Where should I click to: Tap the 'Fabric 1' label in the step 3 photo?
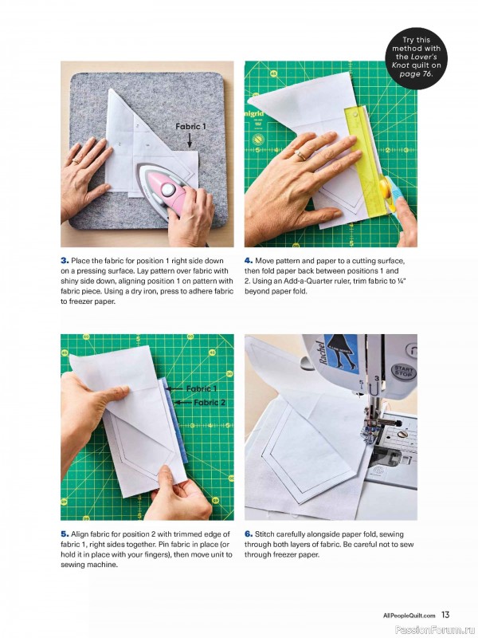point(191,127)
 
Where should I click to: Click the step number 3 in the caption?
point(64,261)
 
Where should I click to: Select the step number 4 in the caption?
point(248,261)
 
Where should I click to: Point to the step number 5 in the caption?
point(64,533)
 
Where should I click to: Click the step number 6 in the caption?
point(248,533)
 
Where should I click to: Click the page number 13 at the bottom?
point(445,614)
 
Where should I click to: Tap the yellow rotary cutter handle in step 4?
point(384,191)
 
